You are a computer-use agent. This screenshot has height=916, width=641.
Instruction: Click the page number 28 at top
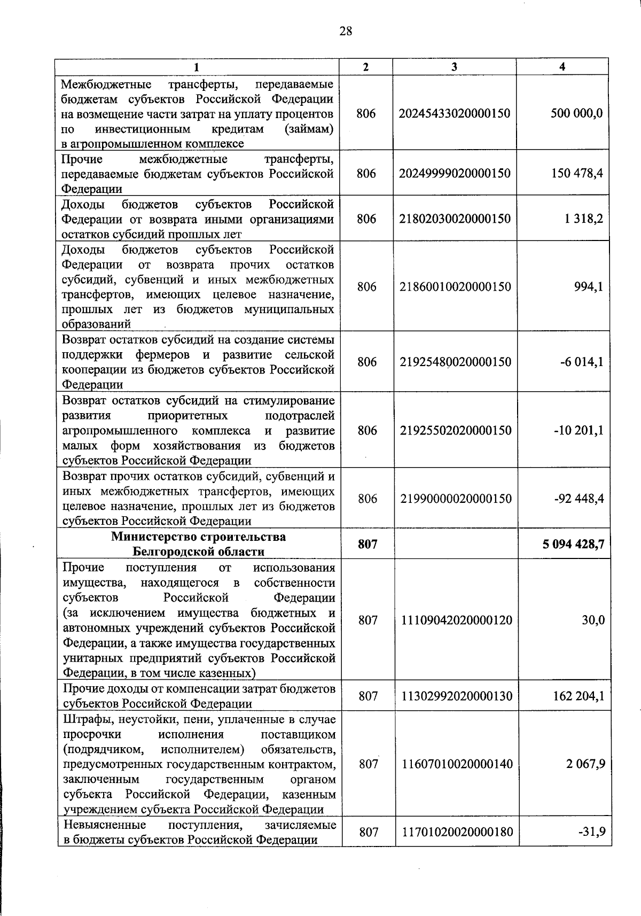tap(346, 31)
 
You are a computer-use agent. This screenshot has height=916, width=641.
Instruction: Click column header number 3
tap(454, 67)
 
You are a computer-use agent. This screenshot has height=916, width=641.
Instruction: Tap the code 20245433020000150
tap(455, 113)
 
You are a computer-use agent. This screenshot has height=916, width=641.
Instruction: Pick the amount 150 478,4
tap(577, 173)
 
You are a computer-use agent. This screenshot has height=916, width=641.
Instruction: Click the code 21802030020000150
tap(455, 219)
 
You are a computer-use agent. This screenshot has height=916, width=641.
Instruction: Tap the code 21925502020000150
tap(456, 430)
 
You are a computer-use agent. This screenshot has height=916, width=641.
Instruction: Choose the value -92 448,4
tap(579, 499)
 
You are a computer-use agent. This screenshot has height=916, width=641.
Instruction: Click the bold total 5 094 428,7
tap(573, 544)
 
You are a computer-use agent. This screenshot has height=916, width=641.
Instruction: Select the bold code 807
tap(368, 544)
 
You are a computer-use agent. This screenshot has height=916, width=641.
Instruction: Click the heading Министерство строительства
tap(198, 537)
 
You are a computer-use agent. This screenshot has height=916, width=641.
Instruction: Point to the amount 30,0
tap(593, 620)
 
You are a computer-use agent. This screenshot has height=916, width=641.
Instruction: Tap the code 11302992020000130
tap(457, 696)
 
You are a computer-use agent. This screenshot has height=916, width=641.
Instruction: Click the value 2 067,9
tap(585, 764)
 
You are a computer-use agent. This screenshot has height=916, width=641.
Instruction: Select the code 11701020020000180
tap(457, 832)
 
